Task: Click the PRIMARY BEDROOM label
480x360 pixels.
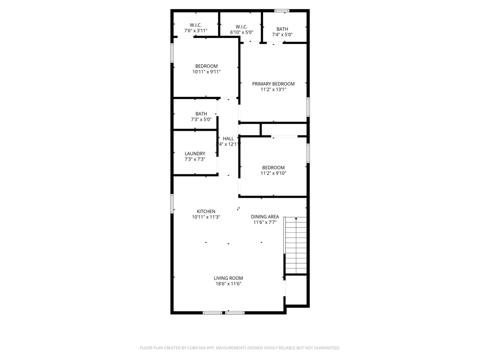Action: [273, 84]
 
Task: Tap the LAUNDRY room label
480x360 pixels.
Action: [195, 154]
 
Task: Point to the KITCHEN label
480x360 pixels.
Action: [206, 212]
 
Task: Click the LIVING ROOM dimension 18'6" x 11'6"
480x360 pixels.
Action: [228, 284]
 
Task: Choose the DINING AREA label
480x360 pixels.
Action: [265, 217]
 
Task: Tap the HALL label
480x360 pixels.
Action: [228, 139]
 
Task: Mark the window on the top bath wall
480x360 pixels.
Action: [282, 10]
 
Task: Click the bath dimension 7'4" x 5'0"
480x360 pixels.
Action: [282, 35]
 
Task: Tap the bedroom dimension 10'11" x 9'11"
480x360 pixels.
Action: [206, 72]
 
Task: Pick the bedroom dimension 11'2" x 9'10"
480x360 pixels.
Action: [273, 174]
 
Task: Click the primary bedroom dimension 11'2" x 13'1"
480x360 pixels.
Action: [273, 90]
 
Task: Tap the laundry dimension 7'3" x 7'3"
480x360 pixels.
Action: [195, 159]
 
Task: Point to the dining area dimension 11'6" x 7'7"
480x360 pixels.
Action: [265, 222]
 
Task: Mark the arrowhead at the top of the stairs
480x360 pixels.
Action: [296, 218]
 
